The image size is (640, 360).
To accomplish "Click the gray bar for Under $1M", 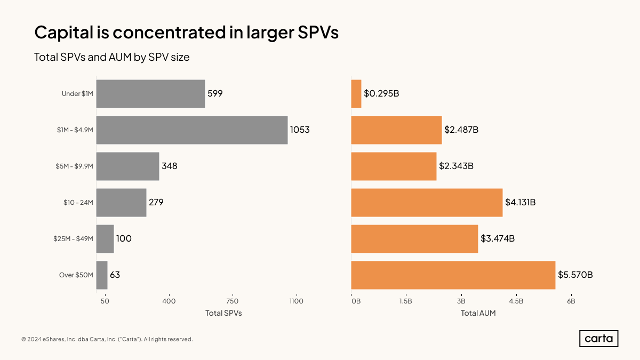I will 150,94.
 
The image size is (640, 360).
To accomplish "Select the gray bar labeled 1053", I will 192,130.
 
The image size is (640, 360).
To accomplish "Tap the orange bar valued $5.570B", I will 453,275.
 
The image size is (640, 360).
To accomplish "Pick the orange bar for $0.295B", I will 356,94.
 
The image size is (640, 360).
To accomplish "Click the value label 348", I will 169,166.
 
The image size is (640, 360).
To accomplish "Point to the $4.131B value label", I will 520,203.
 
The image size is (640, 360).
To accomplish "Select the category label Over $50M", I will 76,275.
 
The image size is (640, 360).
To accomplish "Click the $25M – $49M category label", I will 73,239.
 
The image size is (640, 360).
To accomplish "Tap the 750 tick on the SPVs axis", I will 232,301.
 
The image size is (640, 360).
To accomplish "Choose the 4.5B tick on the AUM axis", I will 516,301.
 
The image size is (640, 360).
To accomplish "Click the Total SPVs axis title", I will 223,314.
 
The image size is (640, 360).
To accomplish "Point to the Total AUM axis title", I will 478,314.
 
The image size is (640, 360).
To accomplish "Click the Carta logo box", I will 598,339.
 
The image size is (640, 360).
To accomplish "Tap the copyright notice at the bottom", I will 107,339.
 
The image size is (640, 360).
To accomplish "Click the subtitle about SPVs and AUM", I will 112,57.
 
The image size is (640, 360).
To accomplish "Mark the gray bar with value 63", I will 102,275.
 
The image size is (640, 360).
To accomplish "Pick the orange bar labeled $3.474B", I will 414,239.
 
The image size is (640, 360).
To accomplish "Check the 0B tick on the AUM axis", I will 356,301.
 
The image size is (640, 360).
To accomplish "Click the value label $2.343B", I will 456,166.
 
